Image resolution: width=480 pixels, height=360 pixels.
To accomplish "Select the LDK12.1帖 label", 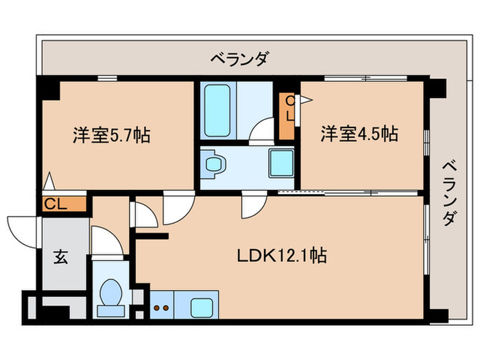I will tap(282, 256).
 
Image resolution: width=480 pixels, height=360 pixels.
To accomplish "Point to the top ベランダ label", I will tap(239, 60).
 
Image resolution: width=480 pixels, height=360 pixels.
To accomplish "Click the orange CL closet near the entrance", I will tap(62, 204).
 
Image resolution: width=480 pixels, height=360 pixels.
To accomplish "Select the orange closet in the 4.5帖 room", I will tap(287, 116).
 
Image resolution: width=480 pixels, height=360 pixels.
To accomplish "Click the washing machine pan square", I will tap(281, 164).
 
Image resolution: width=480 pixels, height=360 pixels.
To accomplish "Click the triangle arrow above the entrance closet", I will tap(47, 183).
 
